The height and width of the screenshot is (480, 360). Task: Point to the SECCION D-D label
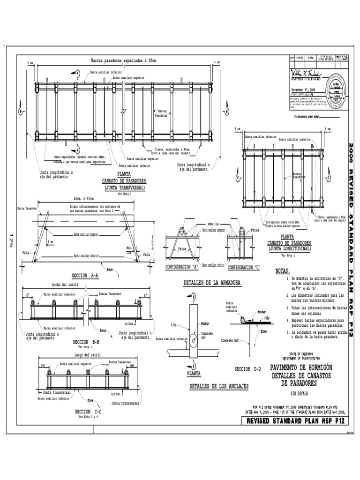tap(247, 369)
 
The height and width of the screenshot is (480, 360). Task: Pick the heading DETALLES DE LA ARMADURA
tap(212, 284)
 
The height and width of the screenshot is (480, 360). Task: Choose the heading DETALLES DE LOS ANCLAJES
tap(218, 387)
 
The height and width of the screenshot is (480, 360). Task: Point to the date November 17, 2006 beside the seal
tap(303, 89)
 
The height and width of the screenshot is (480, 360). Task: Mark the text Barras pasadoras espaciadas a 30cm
tap(124, 60)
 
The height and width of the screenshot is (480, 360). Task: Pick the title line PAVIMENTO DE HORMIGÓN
tap(301, 368)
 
